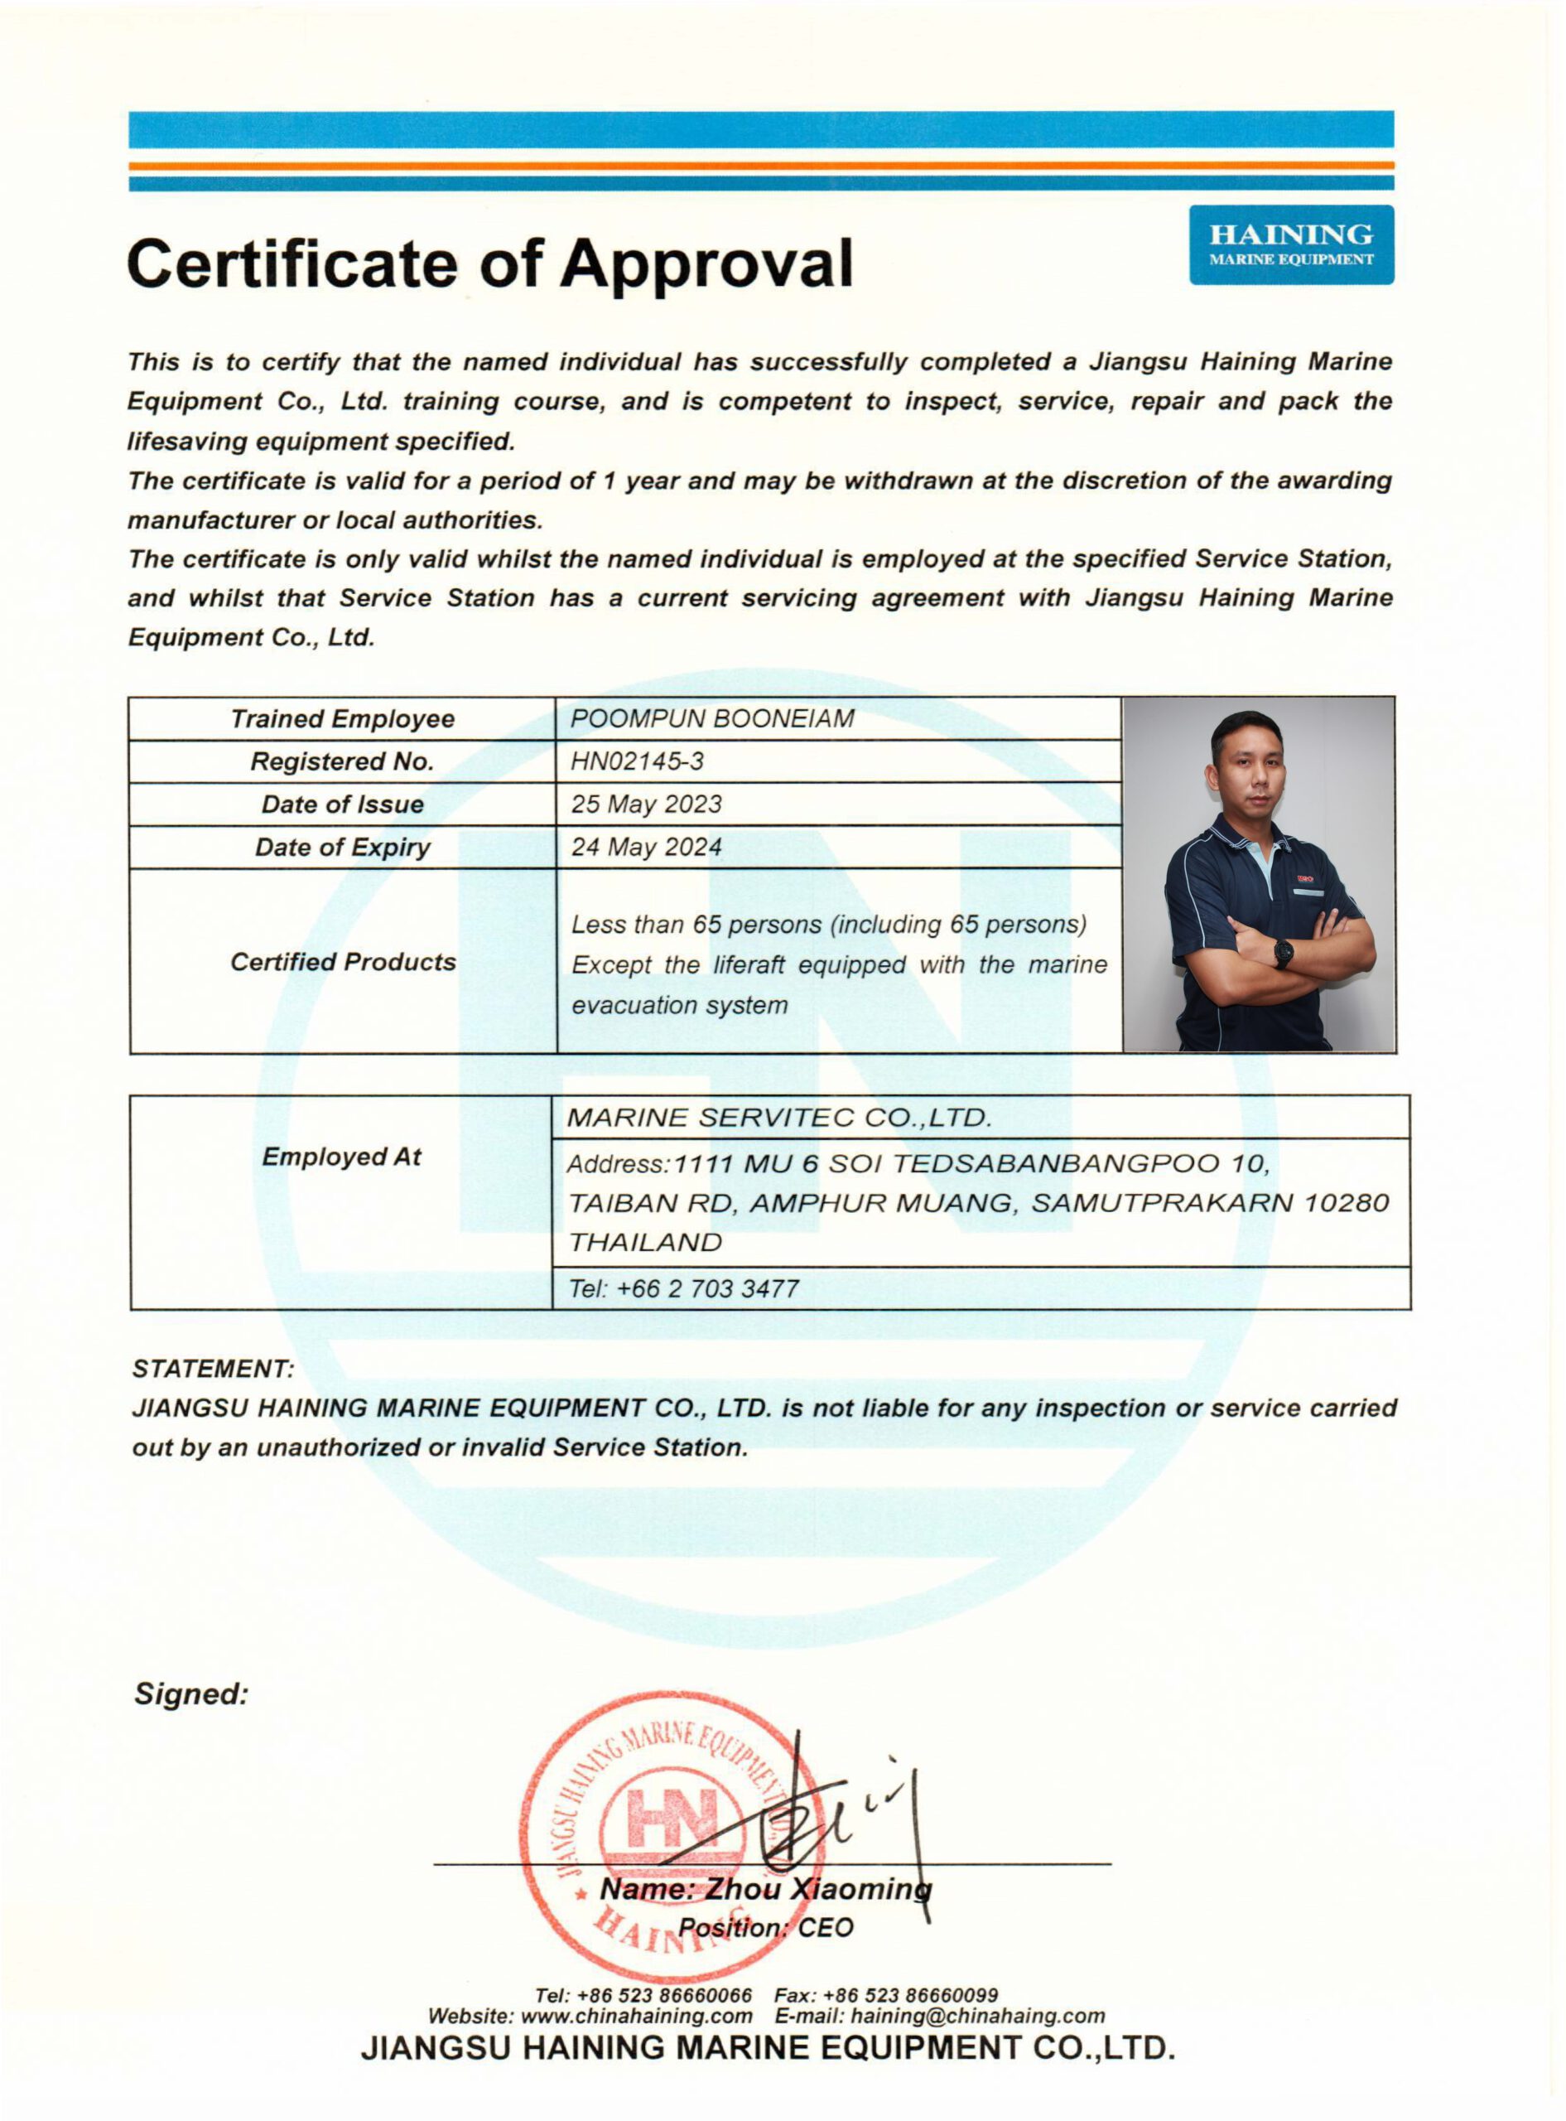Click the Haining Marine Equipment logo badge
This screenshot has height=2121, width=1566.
pyautogui.click(x=1291, y=244)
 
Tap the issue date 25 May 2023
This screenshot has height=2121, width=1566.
pyautogui.click(x=646, y=804)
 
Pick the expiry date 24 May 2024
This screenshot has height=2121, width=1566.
pyautogui.click(x=646, y=847)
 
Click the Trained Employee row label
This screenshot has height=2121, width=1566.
pyautogui.click(x=342, y=718)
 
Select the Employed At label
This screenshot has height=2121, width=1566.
pyautogui.click(x=341, y=1157)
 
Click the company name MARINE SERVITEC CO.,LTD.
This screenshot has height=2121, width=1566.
pyautogui.click(x=778, y=1118)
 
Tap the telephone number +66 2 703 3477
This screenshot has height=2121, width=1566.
pyautogui.click(x=707, y=1288)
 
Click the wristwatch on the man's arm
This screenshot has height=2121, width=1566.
pyautogui.click(x=1284, y=953)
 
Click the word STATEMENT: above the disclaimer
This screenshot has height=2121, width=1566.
pyautogui.click(x=214, y=1369)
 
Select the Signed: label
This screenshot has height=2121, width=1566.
pyautogui.click(x=190, y=1694)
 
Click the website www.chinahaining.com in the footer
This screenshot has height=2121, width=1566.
pyautogui.click(x=636, y=2016)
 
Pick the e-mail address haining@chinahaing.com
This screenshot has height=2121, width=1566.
pyautogui.click(x=977, y=2016)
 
